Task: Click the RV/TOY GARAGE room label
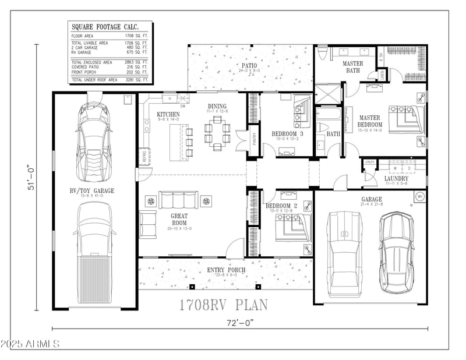pyautogui.click(x=91, y=190)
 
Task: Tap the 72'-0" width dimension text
pyautogui.click(x=239, y=322)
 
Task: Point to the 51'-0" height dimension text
pyautogui.click(x=33, y=179)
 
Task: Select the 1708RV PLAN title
pyautogui.click(x=223, y=304)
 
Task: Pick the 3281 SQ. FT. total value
pyautogui.click(x=136, y=79)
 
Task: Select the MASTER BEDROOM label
pyautogui.click(x=370, y=121)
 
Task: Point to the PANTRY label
pyautogui.click(x=254, y=140)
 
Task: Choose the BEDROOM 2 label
pyautogui.click(x=281, y=206)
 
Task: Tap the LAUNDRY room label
pyautogui.click(x=396, y=178)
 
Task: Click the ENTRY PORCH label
pyautogui.click(x=226, y=270)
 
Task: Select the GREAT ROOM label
pyautogui.click(x=179, y=218)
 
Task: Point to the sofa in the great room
pyautogui.click(x=178, y=200)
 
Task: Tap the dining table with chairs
pyautogui.click(x=217, y=133)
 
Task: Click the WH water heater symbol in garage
pyautogui.click(x=419, y=197)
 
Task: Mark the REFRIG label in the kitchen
pyautogui.click(x=143, y=157)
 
